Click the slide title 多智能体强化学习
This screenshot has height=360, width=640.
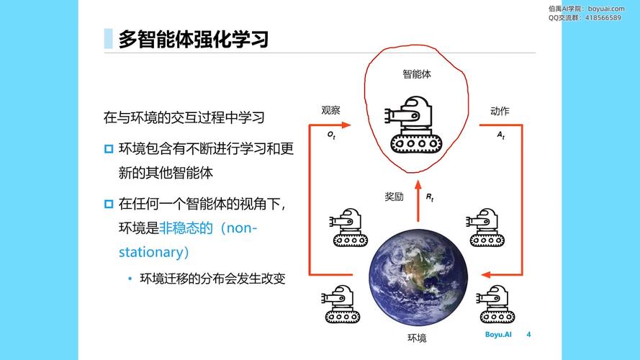pyautogui.click(x=194, y=39)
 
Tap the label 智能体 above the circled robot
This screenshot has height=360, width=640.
pyautogui.click(x=417, y=74)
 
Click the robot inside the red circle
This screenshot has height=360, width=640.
pyautogui.click(x=413, y=125)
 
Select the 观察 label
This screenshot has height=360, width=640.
pyautogui.click(x=330, y=110)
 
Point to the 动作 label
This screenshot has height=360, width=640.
pyautogui.click(x=500, y=111)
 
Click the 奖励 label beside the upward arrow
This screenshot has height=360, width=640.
pyautogui.click(x=394, y=197)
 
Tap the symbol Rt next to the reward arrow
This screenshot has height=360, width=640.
pyautogui.click(x=430, y=197)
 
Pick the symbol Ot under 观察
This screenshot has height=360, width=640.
pyautogui.click(x=331, y=135)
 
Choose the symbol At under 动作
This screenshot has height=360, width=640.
pyautogui.click(x=501, y=135)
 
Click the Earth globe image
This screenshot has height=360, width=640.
pyautogui.click(x=418, y=277)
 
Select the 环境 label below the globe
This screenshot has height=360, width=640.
pyautogui.click(x=417, y=338)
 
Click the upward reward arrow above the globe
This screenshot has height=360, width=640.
pyautogui.click(x=418, y=201)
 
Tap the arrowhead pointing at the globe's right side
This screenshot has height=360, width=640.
pyautogui.click(x=486, y=275)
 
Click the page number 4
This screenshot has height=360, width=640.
pyautogui.click(x=528, y=334)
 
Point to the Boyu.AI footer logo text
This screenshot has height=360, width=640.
pyautogui.click(x=498, y=334)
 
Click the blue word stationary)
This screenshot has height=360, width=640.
pyautogui.click(x=153, y=252)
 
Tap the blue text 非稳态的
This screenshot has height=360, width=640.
pyautogui.click(x=186, y=228)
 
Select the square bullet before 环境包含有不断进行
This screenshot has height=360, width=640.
pyautogui.click(x=109, y=149)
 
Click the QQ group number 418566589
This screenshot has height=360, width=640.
pyautogui.click(x=603, y=18)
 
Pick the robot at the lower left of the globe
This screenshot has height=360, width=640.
pyautogui.click(x=341, y=305)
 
